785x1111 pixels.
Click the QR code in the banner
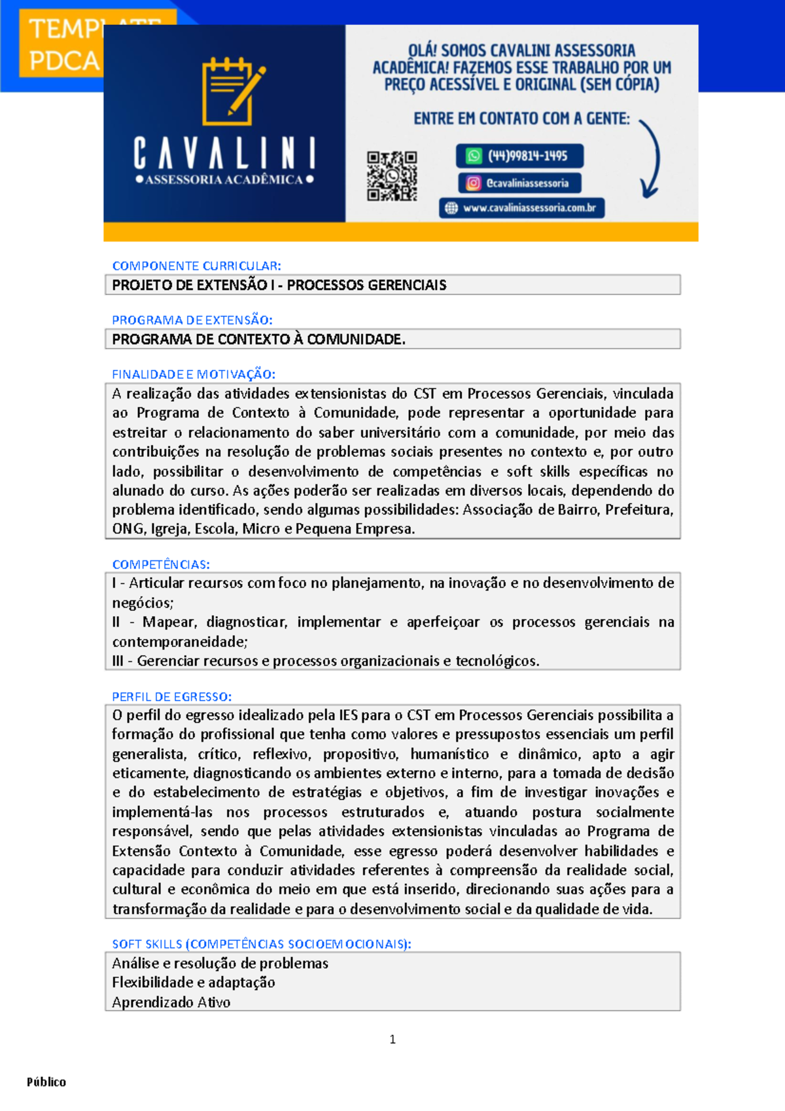click(x=392, y=176)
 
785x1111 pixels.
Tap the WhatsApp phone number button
click(x=519, y=156)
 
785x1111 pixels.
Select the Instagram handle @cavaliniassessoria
click(x=519, y=183)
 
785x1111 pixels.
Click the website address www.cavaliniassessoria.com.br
click(x=521, y=208)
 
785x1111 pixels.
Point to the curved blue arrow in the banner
click(x=650, y=159)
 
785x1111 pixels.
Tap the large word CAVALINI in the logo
click(x=224, y=155)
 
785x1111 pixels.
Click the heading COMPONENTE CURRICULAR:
click(x=196, y=266)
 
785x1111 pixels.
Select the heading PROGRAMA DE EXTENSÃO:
click(x=192, y=320)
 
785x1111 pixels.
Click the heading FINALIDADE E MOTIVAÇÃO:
click(x=194, y=374)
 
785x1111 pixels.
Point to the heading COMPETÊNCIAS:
click(x=161, y=564)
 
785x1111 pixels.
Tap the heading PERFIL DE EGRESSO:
click(x=171, y=697)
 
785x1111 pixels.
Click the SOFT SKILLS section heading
click(x=261, y=944)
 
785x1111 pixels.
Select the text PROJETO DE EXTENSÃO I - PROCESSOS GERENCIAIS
click(x=279, y=285)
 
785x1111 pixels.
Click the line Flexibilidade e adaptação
click(x=193, y=983)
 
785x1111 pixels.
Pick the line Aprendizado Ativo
click(x=171, y=1002)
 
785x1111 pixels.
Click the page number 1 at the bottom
click(x=392, y=1040)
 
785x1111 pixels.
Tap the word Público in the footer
click(x=46, y=1082)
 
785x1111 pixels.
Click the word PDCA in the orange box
click(x=63, y=62)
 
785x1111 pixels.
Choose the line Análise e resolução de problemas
click(x=220, y=963)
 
